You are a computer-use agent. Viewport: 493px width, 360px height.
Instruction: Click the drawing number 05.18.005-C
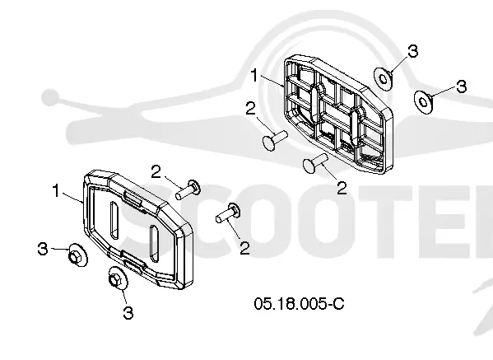(299, 304)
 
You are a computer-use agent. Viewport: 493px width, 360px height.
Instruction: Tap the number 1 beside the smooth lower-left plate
(56, 190)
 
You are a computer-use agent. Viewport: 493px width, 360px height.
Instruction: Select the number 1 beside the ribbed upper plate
(254, 76)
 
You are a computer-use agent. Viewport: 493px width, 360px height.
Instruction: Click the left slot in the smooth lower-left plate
(114, 220)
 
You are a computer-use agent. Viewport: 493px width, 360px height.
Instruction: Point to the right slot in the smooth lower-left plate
(154, 243)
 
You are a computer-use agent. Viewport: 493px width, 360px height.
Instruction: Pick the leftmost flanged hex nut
(77, 255)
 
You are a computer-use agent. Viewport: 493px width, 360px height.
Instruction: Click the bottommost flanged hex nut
(118, 278)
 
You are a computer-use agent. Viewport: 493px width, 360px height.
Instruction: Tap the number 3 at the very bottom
(128, 313)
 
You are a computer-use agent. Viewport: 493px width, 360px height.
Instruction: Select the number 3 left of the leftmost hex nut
(43, 249)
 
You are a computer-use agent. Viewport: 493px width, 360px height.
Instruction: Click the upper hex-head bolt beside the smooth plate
(188, 189)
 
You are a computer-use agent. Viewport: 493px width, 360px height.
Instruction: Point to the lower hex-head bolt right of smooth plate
(228, 213)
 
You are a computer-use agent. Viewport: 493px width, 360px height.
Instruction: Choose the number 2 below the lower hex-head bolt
(244, 248)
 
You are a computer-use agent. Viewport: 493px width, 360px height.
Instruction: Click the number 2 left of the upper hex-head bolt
(156, 172)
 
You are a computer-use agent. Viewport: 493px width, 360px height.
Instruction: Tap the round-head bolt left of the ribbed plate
(275, 140)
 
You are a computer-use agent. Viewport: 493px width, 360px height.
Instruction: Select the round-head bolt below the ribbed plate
(315, 162)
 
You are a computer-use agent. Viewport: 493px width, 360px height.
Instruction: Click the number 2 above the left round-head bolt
(250, 109)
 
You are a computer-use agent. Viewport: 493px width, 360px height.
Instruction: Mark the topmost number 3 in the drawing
(413, 51)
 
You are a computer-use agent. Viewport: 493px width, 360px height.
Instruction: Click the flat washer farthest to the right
(423, 101)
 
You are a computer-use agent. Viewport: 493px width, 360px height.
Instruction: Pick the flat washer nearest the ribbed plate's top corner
(383, 78)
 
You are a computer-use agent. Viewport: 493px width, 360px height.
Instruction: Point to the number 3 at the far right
(461, 86)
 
